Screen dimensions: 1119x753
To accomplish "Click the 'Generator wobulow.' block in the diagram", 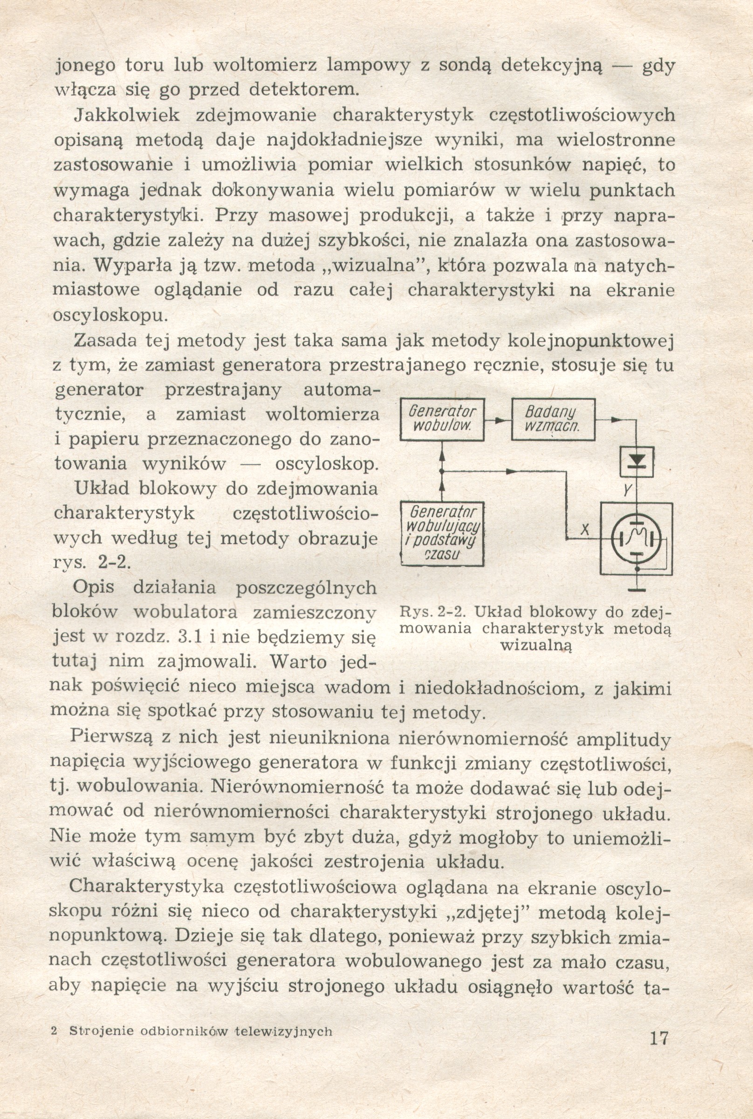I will pos(442,419).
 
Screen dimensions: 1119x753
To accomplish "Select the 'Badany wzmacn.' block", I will pos(553,419).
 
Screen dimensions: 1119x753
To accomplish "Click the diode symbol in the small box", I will pos(637,461).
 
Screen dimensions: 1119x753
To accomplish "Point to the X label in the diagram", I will pos(584,530).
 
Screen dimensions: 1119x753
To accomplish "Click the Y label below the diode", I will pos(627,490).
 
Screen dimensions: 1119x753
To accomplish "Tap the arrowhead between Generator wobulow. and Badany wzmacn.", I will pos(500,420).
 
